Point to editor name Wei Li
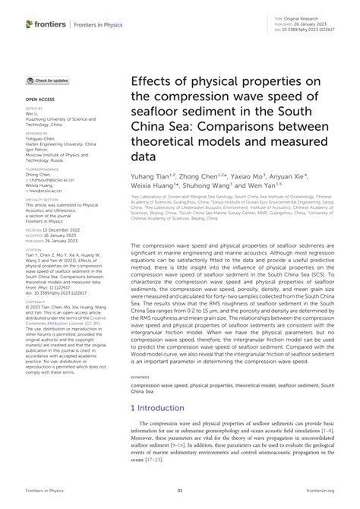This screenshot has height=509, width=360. (x=33, y=114)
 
